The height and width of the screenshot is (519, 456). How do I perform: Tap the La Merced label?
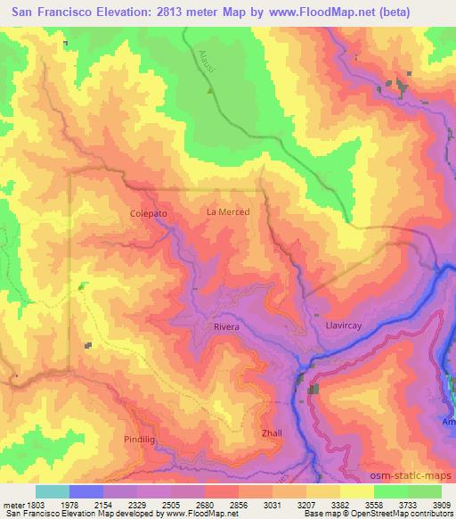[227, 212]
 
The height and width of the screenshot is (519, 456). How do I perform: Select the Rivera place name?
[226, 327]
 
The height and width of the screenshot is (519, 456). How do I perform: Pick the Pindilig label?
[141, 441]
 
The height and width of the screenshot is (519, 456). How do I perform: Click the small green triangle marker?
[211, 90]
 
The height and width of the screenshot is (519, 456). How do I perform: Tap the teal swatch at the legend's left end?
[53, 491]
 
